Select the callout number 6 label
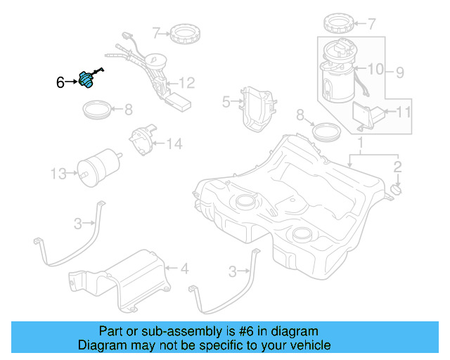coord(60,83)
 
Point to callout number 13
coord(59,172)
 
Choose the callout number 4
coord(184,268)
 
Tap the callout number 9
coord(399,71)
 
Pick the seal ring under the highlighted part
coord(96,110)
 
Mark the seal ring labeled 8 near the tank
coord(326,131)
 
